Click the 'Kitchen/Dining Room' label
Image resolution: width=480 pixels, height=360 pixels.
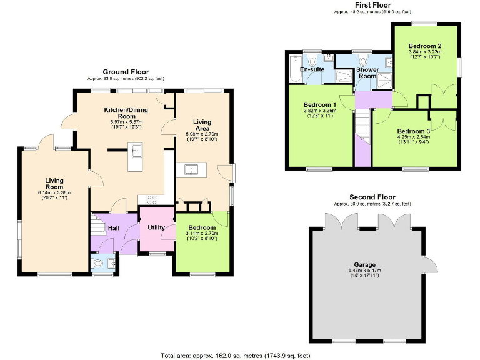tap(127, 112)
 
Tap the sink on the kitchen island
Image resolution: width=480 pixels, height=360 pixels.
tap(136, 151)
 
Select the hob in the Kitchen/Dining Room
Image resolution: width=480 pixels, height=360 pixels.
tap(151, 199)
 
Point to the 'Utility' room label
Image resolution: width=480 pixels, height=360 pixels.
tap(156, 227)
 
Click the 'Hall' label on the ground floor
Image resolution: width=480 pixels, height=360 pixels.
tap(114, 228)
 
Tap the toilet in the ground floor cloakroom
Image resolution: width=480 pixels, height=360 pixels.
tap(99, 265)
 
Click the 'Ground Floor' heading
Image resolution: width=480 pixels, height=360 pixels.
tap(126, 72)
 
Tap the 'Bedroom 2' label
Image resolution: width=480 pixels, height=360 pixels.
tap(425, 46)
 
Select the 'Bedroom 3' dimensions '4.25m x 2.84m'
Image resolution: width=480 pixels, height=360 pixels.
tap(414, 137)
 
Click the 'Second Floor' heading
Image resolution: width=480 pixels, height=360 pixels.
tap(372, 197)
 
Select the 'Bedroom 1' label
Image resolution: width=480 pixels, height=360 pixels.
tap(320, 104)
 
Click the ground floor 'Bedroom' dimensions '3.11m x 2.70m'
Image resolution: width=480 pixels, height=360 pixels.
tap(201, 234)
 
